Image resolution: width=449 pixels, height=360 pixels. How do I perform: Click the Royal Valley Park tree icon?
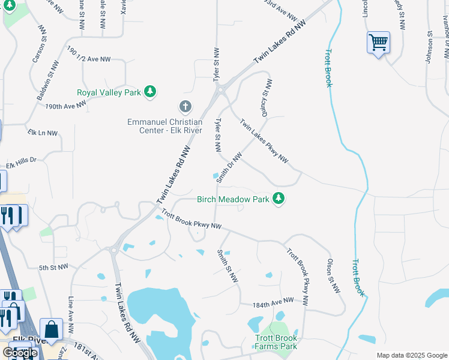pyautogui.click(x=150, y=92)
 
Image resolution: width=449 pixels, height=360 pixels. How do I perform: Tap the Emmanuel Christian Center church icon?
pyautogui.click(x=185, y=107)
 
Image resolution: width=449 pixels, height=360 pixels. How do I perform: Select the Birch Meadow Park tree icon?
pyautogui.click(x=278, y=198)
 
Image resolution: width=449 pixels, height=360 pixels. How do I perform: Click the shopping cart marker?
pyautogui.click(x=378, y=43)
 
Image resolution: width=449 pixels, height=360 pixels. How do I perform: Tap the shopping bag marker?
pyautogui.click(x=51, y=329)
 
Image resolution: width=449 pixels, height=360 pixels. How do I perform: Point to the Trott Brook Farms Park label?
pyautogui.click(x=276, y=342)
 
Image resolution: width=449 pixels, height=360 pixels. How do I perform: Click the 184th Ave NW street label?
pyautogui.click(x=273, y=302)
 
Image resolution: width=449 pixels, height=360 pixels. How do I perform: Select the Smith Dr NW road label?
pyautogui.click(x=229, y=167)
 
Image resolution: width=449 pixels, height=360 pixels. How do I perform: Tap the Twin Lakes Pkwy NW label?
pyautogui.click(x=264, y=142)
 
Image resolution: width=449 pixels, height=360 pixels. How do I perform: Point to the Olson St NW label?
pyautogui.click(x=333, y=275)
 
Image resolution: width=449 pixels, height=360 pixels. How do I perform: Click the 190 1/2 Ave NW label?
pyautogui.click(x=89, y=55)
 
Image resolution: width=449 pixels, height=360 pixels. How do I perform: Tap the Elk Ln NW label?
pyautogui.click(x=43, y=133)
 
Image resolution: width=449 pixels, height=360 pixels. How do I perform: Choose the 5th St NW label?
pyautogui.click(x=54, y=267)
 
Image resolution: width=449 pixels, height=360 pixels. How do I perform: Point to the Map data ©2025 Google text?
pyautogui.click(x=411, y=355)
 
